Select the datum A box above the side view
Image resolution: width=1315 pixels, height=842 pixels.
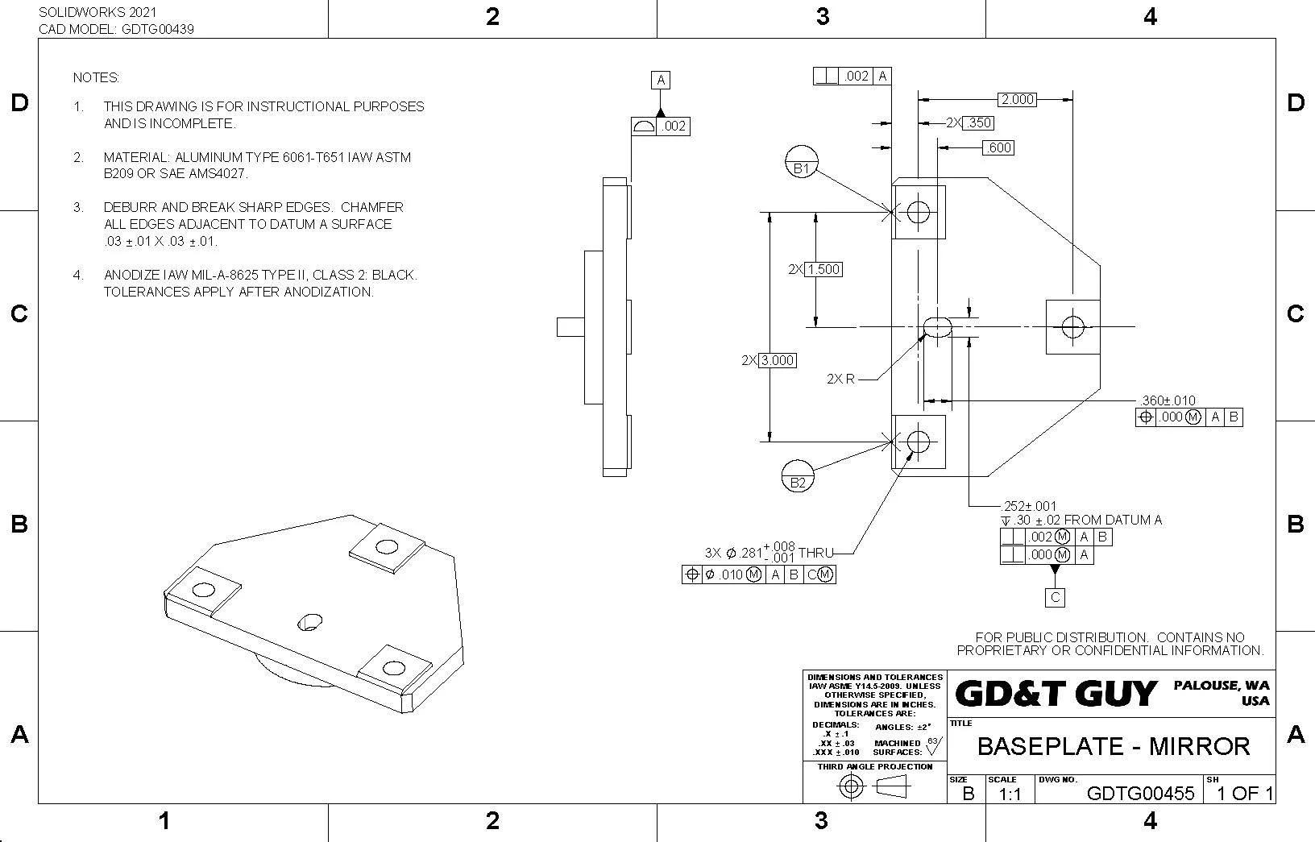pos(661,80)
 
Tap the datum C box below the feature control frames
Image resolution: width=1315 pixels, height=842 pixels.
pos(1055,597)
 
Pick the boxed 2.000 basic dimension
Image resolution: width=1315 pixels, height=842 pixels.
pos(1017,99)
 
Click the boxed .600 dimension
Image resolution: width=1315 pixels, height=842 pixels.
pos(998,147)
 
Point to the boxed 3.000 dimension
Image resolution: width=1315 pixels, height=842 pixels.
pos(777,360)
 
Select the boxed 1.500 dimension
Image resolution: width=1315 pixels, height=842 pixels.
pos(823,269)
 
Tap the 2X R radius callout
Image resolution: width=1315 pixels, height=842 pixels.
pos(840,379)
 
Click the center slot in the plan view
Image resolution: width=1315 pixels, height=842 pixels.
pos(936,326)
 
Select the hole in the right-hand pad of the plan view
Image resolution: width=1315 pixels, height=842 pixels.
pos(1072,326)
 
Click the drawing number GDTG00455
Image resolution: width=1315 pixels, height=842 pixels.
pos(1140,793)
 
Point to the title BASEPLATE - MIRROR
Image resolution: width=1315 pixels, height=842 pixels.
pos(1113,746)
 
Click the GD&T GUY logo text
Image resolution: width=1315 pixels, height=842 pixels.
pos(1056,694)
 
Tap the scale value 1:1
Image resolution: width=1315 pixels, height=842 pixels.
pos(1009,794)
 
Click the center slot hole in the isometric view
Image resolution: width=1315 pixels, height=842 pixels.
pos(309,622)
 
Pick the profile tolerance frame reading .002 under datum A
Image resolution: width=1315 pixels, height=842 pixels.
pos(661,126)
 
